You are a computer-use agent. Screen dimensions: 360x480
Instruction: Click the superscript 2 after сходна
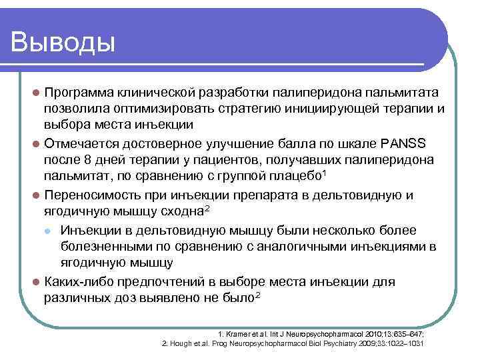207,209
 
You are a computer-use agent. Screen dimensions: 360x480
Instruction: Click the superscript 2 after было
257,295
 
